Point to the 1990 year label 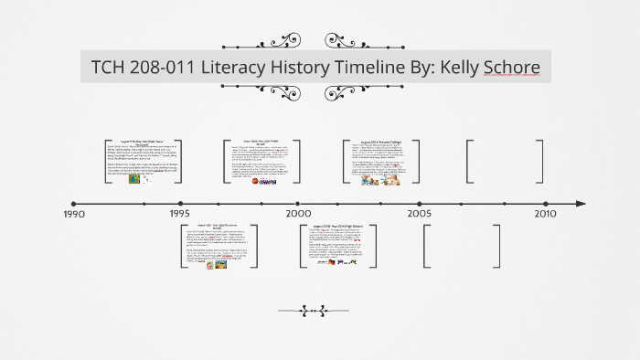[74, 214]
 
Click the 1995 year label [179, 213]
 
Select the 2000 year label [297, 213]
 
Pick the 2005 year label [420, 213]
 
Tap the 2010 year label [545, 213]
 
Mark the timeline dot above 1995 [181, 203]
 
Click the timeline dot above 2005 [420, 203]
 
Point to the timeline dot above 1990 [74, 203]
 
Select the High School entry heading [340, 225]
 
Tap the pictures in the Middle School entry [263, 181]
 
